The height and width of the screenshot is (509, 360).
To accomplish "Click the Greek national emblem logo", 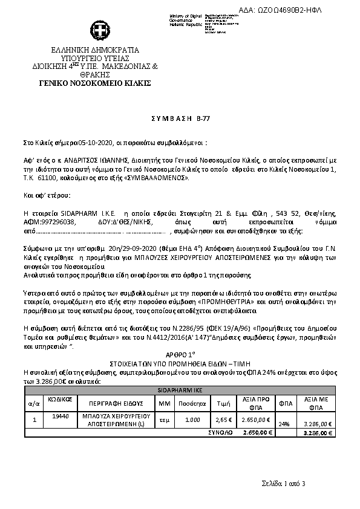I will [98, 30].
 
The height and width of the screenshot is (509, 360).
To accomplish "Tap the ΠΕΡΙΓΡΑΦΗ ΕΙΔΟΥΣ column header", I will [114, 403].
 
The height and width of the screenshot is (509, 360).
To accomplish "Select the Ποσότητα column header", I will [192, 403].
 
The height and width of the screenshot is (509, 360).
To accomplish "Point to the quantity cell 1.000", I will [192, 420].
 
